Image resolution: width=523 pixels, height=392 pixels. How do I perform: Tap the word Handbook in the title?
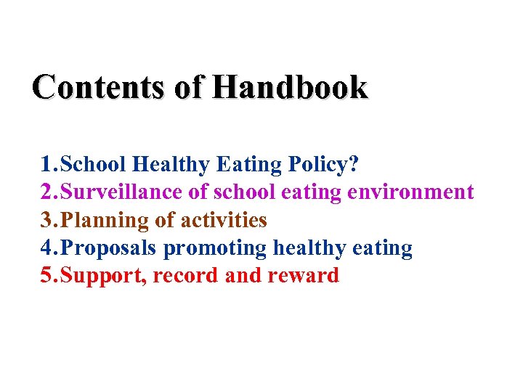(291, 87)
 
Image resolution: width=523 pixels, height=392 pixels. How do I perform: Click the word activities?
(224, 220)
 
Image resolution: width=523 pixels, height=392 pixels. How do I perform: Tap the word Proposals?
(109, 248)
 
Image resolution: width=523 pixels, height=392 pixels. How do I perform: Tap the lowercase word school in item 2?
(245, 192)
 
